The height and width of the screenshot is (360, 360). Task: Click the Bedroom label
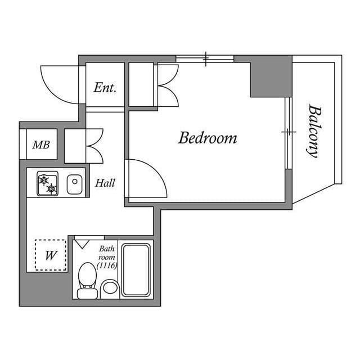click(x=208, y=138)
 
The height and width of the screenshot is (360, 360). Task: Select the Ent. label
click(x=105, y=88)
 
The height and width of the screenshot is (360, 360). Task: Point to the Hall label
click(x=105, y=183)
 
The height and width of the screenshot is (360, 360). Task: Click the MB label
click(x=41, y=145)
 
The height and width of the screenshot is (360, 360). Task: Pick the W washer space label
click(x=51, y=255)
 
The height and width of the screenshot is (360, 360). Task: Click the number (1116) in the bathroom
click(x=107, y=265)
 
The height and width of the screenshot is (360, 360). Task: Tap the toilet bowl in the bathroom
click(x=87, y=274)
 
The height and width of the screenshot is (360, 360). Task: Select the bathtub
click(x=136, y=270)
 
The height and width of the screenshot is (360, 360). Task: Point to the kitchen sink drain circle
click(x=75, y=181)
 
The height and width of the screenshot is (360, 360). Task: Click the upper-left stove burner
click(x=44, y=180)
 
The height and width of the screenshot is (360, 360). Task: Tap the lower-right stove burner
click(x=51, y=188)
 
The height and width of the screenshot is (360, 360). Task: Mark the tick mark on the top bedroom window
click(x=206, y=58)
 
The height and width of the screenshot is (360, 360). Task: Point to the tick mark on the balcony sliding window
click(x=289, y=132)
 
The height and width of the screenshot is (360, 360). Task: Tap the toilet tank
click(x=87, y=294)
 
